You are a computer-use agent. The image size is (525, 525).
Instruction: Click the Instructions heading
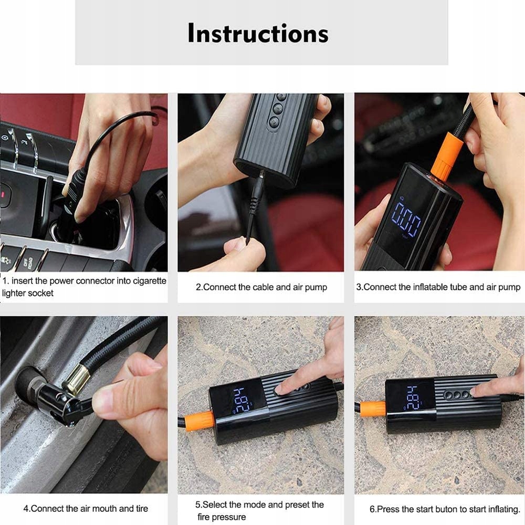(x=258, y=34)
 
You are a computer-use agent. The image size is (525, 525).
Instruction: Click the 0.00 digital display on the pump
(x=406, y=219)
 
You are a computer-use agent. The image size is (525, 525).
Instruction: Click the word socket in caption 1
(x=40, y=293)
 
